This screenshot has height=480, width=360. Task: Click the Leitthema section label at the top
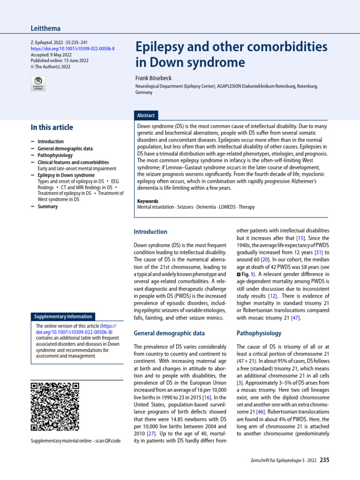pyautogui.click(x=45, y=29)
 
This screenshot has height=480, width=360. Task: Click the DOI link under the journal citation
pyautogui.click(x=72, y=49)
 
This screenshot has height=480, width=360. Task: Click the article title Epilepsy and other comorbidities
pyautogui.click(x=231, y=47)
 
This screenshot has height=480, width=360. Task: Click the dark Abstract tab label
pyautogui.click(x=146, y=115)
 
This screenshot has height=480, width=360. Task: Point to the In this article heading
pyautogui.click(x=52, y=127)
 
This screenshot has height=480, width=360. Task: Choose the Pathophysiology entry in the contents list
pyautogui.click(x=55, y=155)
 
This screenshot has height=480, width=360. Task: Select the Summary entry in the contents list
pyautogui.click(x=47, y=206)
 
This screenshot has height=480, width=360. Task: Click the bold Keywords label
pyautogui.click(x=147, y=201)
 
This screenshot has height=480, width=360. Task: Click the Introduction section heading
pyautogui.click(x=150, y=232)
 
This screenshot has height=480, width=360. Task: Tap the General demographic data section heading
pyautogui.click(x=169, y=333)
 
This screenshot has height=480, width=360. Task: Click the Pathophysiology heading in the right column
pyautogui.click(x=259, y=333)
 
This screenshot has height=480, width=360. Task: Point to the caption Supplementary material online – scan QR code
pyautogui.click(x=75, y=441)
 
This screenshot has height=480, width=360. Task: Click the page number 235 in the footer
pyautogui.click(x=324, y=460)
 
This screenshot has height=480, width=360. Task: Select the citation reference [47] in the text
pyautogui.click(x=294, y=318)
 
